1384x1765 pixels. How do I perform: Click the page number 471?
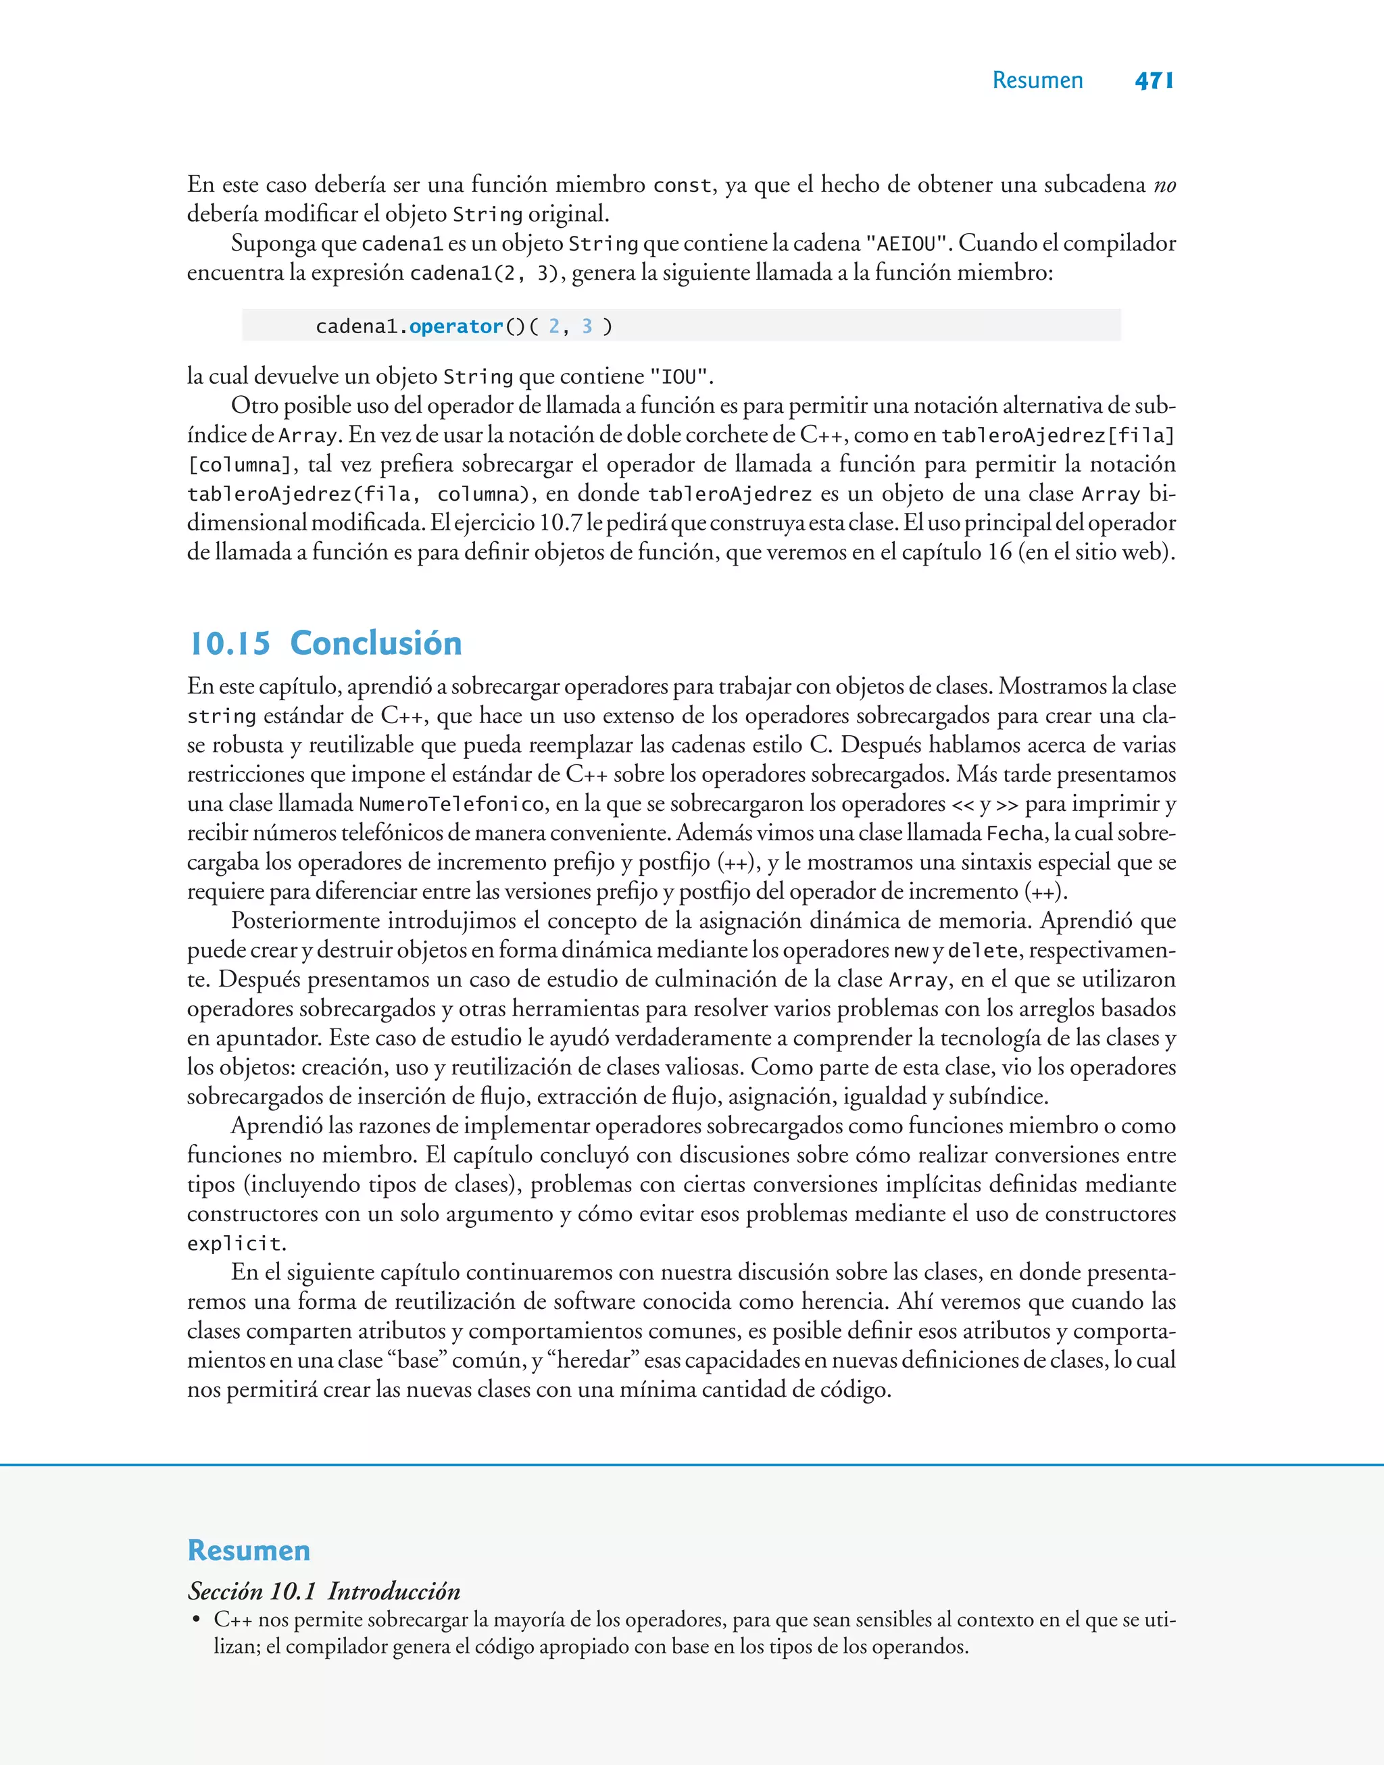pyautogui.click(x=1154, y=80)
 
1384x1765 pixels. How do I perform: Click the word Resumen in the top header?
pyautogui.click(x=1037, y=80)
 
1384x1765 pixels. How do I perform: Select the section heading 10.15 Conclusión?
pyautogui.click(x=325, y=643)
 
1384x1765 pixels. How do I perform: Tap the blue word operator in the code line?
pyautogui.click(x=455, y=326)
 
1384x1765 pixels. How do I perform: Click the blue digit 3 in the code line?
pyautogui.click(x=587, y=326)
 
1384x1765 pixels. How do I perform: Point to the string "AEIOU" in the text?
pyautogui.click(x=907, y=244)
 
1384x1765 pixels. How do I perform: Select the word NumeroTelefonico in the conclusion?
pyautogui.click(x=451, y=804)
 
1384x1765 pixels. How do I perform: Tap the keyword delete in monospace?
pyautogui.click(x=982, y=951)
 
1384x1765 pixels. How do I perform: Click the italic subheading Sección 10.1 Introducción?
pyautogui.click(x=324, y=1591)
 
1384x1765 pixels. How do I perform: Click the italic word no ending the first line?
pyautogui.click(x=1164, y=186)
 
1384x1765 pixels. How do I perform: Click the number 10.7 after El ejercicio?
pyautogui.click(x=560, y=523)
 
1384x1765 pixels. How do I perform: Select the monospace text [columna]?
pyautogui.click(x=239, y=465)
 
